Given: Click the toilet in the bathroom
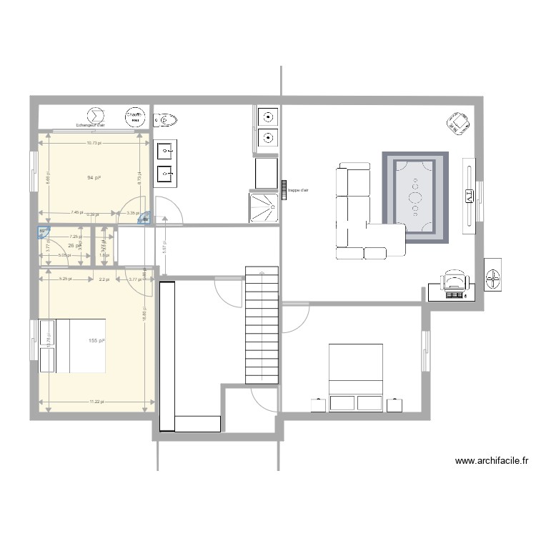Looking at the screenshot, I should [x=166, y=119].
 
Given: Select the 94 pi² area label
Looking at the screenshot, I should [x=93, y=177].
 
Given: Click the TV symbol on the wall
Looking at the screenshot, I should [x=469, y=195].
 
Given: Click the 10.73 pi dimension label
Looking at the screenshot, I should [x=94, y=143].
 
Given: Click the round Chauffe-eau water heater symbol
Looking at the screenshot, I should [x=134, y=116].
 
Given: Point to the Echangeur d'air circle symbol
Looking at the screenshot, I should [x=95, y=115].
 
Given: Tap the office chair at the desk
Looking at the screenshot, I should [x=453, y=281].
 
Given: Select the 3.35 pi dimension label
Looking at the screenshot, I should [x=131, y=213].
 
